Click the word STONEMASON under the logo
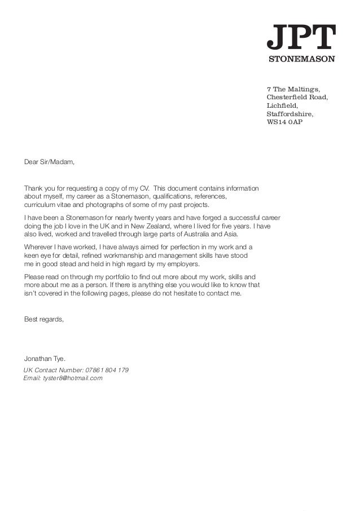pos(301,59)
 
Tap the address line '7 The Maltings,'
pos(293,89)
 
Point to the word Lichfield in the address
pos(282,105)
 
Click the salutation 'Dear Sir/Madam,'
pos(49,162)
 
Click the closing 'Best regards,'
pos(44,319)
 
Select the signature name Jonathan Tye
pos(45,358)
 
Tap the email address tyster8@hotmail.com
pos(72,378)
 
